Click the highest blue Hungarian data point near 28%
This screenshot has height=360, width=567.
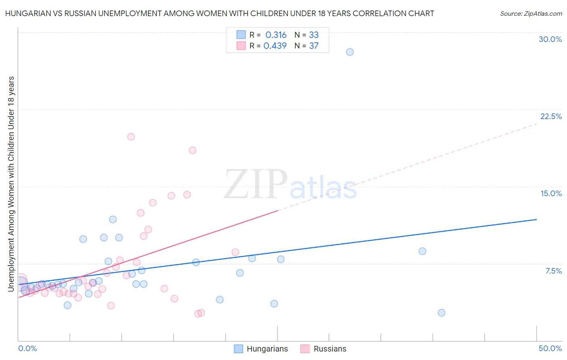pos(350,52)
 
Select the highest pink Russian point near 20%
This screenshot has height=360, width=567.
pos(131,137)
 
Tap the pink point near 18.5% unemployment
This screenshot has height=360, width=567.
pos(192,151)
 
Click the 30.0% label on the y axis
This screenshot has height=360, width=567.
pos(550,39)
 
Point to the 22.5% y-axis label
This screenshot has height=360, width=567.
pos(551,116)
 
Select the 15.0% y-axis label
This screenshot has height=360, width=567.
pos(551,193)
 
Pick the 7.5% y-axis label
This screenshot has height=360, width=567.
pos(553,271)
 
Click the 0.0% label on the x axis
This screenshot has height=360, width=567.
pos(27,348)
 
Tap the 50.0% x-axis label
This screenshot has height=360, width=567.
pos(550,348)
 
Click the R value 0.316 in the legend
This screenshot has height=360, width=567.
pos(276,35)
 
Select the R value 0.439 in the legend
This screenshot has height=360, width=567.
pos(275,46)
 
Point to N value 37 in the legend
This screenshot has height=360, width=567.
pos(314,46)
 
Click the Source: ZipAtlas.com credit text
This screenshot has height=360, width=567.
pos(531,14)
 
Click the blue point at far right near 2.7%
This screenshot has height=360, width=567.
pos(442,313)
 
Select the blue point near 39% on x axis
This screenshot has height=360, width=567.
pos(422,251)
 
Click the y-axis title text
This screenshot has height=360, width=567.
pos(11,184)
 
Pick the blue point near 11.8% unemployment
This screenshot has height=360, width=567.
pos(113,220)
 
